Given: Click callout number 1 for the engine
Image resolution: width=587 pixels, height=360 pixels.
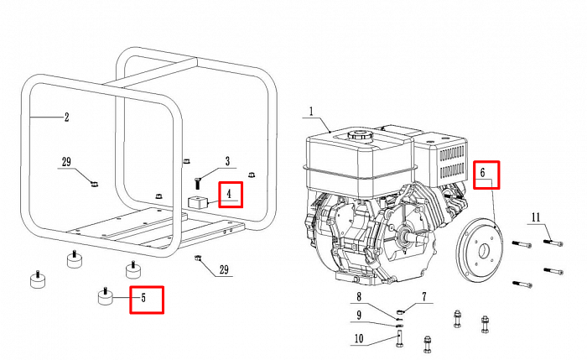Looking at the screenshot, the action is pyautogui.click(x=311, y=112).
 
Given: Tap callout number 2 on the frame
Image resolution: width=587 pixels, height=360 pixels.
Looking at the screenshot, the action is pyautogui.click(x=66, y=117).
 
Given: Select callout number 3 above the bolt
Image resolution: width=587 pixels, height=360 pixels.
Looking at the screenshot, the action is pyautogui.click(x=227, y=161).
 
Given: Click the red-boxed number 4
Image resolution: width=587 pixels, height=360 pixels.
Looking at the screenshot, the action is pyautogui.click(x=229, y=194).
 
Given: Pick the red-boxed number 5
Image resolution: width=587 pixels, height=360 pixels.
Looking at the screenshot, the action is pyautogui.click(x=143, y=298).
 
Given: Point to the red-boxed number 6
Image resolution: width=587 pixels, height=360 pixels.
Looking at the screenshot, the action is pyautogui.click(x=482, y=173).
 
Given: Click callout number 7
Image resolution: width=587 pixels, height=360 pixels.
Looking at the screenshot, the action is pyautogui.click(x=423, y=297).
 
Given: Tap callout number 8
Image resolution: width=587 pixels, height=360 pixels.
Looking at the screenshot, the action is pyautogui.click(x=359, y=297).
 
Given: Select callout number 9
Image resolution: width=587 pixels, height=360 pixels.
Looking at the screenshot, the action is pyautogui.click(x=359, y=316).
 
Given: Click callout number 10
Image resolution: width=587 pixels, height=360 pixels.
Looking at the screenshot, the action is pyautogui.click(x=359, y=339).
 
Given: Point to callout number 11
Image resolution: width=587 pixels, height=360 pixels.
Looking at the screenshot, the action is pyautogui.click(x=536, y=217).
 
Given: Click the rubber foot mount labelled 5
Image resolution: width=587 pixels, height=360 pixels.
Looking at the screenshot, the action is pyautogui.click(x=106, y=296).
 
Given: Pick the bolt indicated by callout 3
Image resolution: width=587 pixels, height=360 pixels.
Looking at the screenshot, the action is pyautogui.click(x=197, y=183).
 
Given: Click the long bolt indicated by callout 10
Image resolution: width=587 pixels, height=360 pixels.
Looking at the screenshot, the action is pyautogui.click(x=400, y=336).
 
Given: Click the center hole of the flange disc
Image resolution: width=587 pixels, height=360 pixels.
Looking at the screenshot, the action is pyautogui.click(x=484, y=250).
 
